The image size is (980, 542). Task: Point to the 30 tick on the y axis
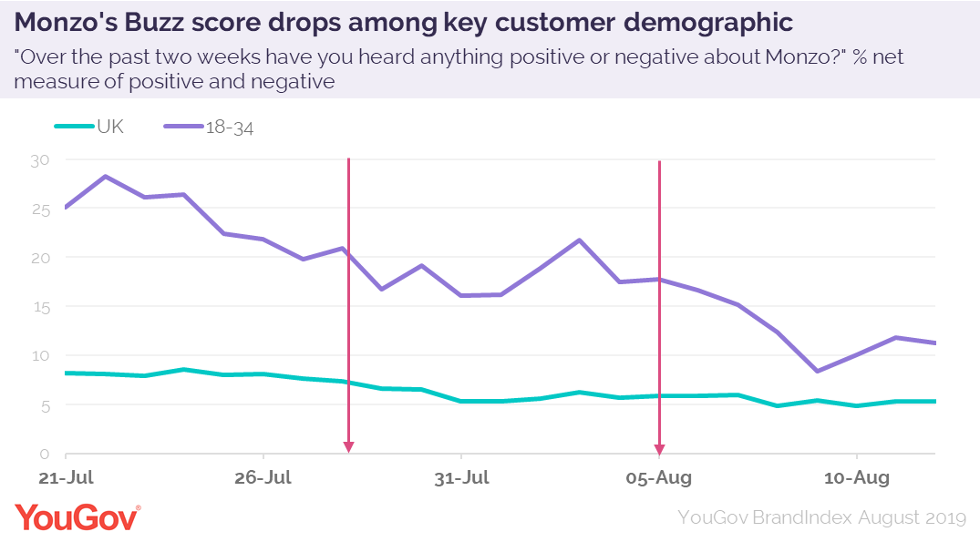pos(40,160)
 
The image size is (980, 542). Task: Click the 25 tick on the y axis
pos(40,210)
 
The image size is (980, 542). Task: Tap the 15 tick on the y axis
pos(40,307)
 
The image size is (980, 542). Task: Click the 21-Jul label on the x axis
pos(66,477)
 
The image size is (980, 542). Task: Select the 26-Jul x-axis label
pos(263,477)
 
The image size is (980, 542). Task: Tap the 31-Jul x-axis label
pos(462,477)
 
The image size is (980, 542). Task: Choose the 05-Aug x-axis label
pos(659,477)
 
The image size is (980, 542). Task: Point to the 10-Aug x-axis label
pos(857,477)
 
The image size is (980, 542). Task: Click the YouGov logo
pos(77,516)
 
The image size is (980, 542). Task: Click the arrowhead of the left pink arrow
pos(348,446)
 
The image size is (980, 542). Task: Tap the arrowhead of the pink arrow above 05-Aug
pos(659,447)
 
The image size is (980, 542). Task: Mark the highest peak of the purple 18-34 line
pos(106,176)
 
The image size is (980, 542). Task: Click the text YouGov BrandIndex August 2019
pos(821,517)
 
